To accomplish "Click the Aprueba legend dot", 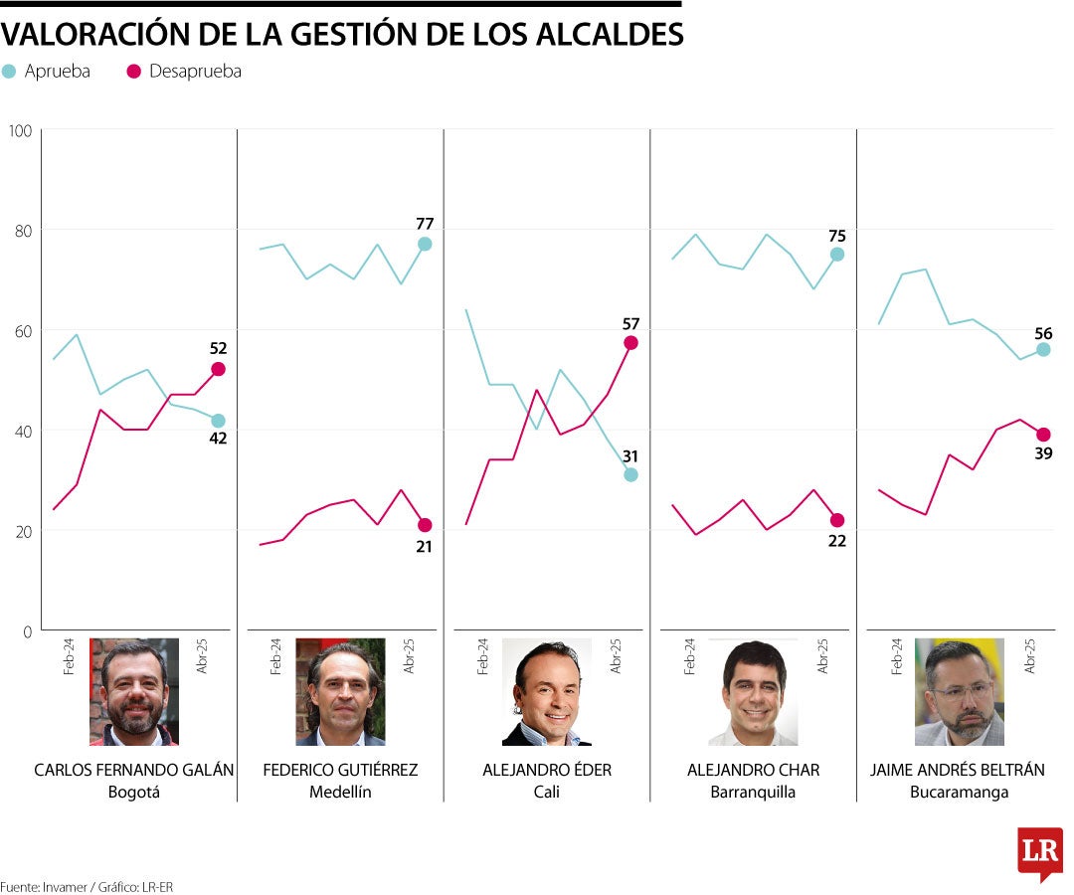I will click(x=9, y=72).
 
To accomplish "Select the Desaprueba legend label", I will click(x=195, y=72).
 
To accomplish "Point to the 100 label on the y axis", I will click(x=20, y=130).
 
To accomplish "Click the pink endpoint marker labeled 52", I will click(x=218, y=369).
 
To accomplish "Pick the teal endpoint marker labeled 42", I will click(x=218, y=421).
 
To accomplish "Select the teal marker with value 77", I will click(x=425, y=244).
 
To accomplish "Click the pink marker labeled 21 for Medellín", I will click(x=425, y=525).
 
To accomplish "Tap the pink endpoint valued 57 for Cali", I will click(x=630, y=343).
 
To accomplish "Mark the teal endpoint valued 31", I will click(x=630, y=474).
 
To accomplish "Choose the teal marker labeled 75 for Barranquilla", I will click(x=837, y=255).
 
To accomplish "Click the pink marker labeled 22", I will click(x=837, y=520).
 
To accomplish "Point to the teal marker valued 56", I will click(x=1043, y=349).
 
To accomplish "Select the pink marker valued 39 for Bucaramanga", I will click(x=1043, y=435).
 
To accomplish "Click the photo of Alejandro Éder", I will click(x=547, y=692).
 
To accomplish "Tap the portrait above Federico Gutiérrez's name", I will click(x=340, y=692).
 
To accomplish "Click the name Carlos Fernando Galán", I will click(x=134, y=771).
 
